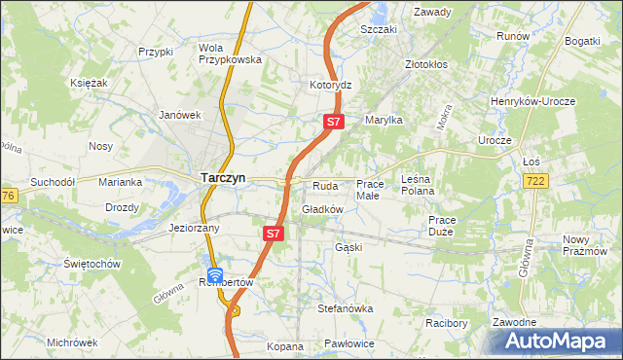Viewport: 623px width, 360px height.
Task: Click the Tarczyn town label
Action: click(223, 178)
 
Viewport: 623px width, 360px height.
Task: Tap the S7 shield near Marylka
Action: click(333, 122)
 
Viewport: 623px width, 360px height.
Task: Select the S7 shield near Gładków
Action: click(274, 234)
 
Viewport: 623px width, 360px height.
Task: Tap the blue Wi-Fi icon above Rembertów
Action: click(215, 275)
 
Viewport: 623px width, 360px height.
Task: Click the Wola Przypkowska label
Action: click(230, 53)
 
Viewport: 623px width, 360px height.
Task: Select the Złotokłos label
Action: click(427, 65)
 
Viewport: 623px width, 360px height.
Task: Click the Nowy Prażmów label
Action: click(591, 245)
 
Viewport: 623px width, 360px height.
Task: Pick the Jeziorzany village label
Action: click(194, 228)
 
